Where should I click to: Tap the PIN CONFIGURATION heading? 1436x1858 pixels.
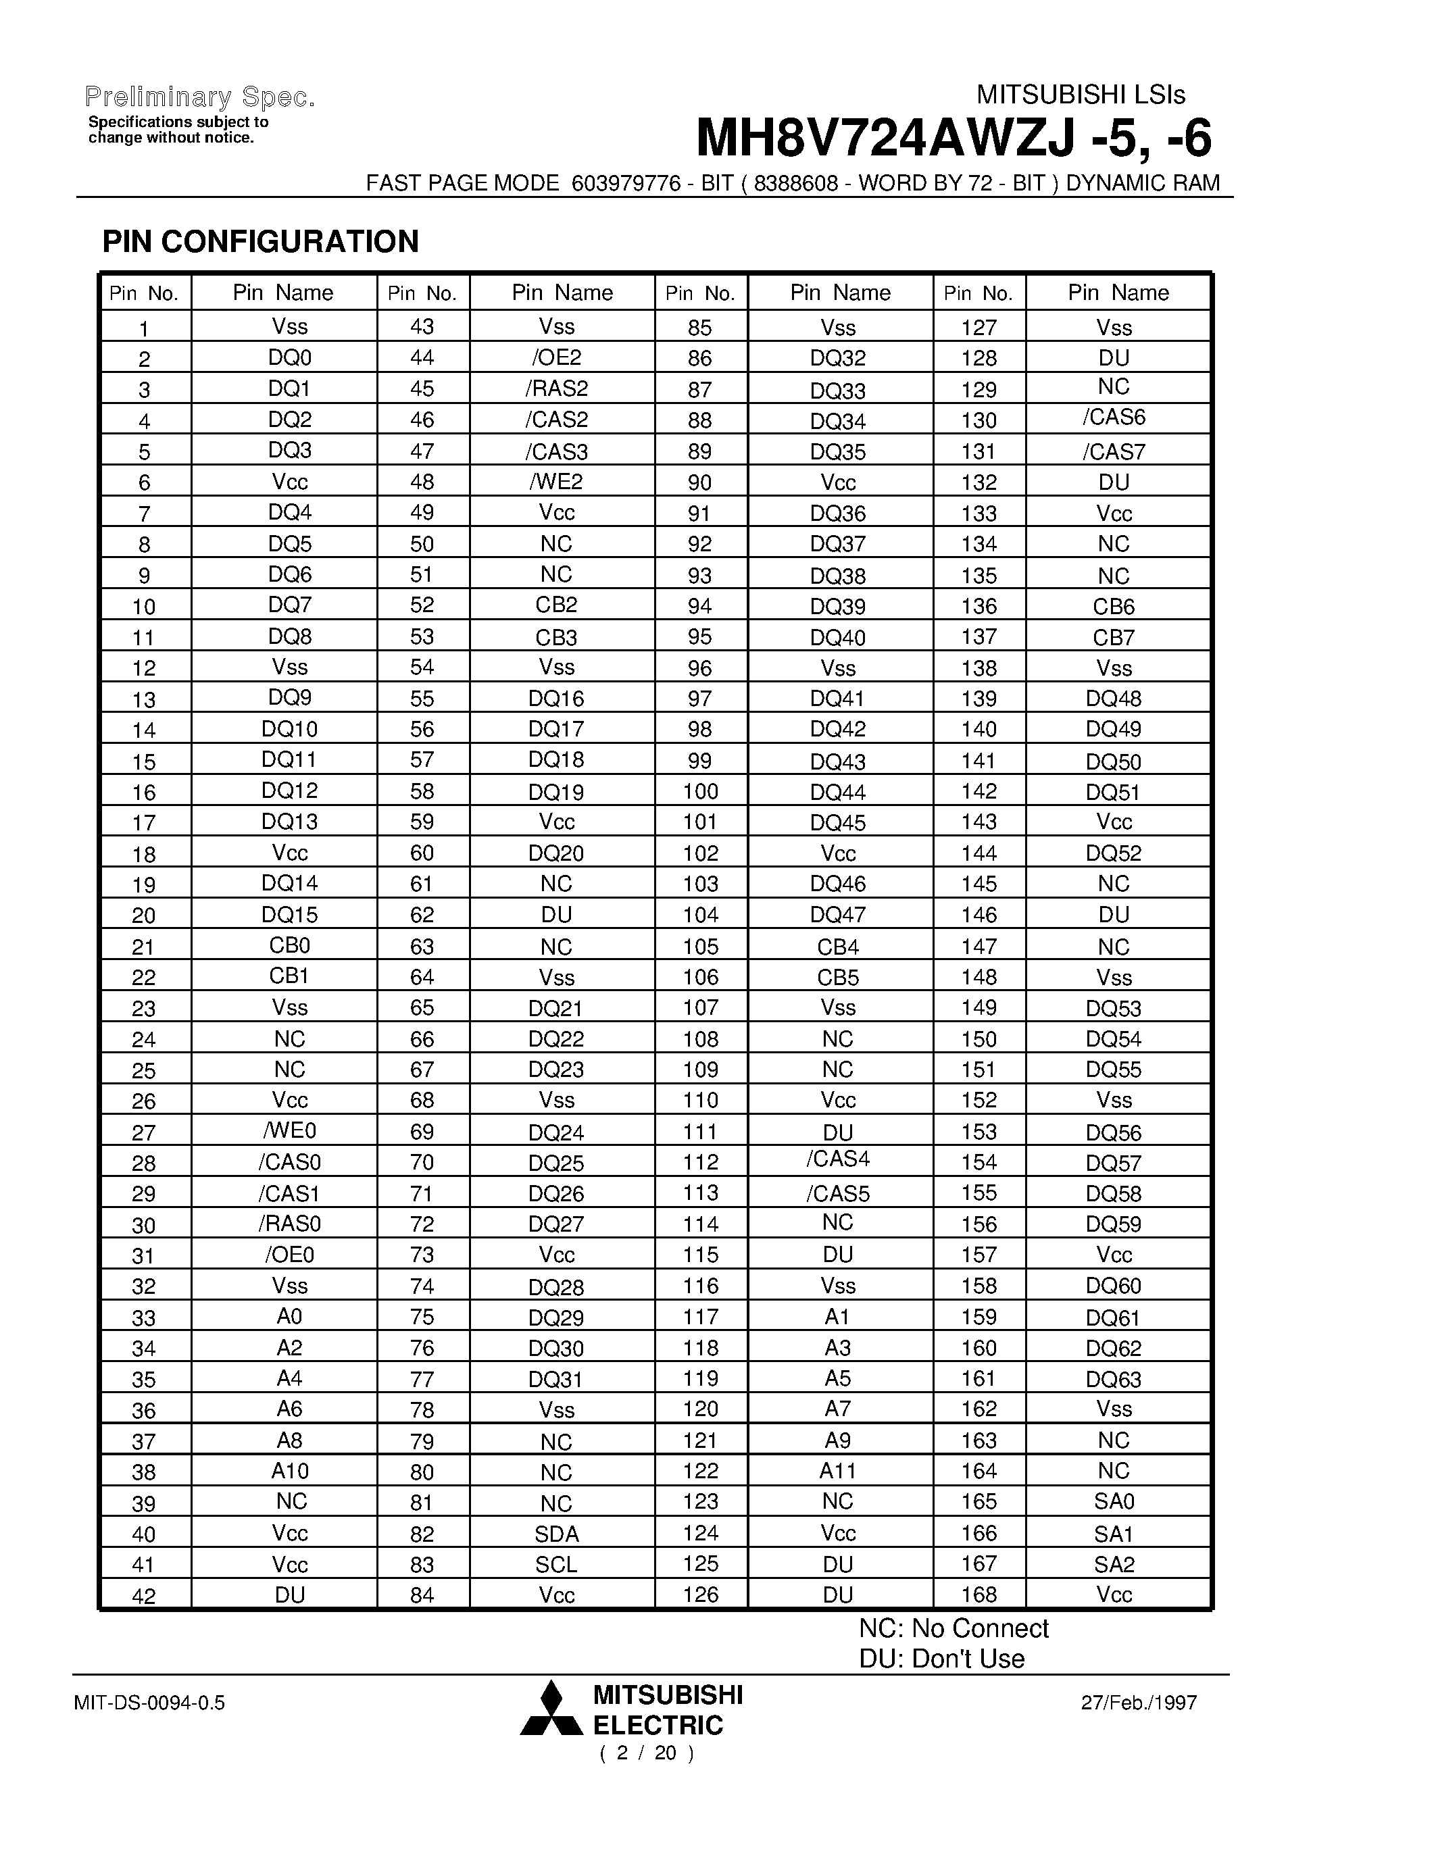pos(260,242)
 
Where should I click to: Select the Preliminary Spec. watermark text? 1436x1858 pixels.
pos(201,98)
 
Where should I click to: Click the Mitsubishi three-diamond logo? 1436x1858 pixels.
pos(551,1708)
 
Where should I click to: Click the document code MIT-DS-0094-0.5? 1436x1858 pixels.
pos(150,1703)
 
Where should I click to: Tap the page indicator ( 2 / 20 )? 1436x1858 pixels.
pos(647,1753)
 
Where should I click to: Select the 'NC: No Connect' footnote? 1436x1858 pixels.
pos(954,1628)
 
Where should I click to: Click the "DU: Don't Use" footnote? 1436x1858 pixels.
pos(942,1659)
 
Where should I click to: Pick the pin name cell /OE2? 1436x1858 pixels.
pos(556,357)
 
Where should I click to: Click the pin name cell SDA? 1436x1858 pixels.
pos(556,1534)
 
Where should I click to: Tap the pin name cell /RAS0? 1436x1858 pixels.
pos(289,1224)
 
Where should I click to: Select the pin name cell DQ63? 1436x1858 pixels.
pos(1114,1379)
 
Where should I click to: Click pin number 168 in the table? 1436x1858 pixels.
pos(979,1595)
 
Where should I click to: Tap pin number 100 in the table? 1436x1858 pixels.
pos(700,791)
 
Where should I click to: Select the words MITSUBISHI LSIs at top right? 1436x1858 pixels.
pos(1081,95)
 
